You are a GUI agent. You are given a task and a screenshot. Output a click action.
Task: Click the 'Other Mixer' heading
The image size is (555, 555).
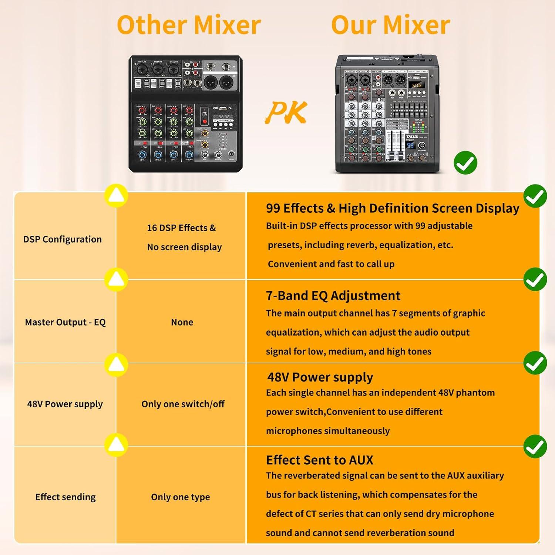pyautogui.click(x=189, y=25)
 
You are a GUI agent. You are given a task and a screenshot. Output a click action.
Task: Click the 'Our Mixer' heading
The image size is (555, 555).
pyautogui.click(x=390, y=25)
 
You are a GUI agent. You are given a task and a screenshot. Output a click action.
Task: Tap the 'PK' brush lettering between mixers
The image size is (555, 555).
pyautogui.click(x=287, y=112)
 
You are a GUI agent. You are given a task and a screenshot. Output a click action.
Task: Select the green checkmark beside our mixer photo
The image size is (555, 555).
pyautogui.click(x=465, y=163)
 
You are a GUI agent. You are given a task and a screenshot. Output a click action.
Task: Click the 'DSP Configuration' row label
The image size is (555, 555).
pyautogui.click(x=63, y=239)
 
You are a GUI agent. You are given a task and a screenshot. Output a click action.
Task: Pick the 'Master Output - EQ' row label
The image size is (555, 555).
pyautogui.click(x=65, y=322)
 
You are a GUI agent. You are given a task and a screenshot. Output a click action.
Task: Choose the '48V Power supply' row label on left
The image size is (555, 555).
pyautogui.click(x=65, y=404)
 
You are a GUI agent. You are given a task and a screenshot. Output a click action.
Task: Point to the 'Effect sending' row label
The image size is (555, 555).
pyautogui.click(x=65, y=497)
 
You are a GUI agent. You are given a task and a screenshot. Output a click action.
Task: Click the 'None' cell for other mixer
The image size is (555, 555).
pyautogui.click(x=182, y=322)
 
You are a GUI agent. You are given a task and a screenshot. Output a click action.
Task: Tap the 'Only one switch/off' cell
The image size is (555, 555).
pyautogui.click(x=183, y=404)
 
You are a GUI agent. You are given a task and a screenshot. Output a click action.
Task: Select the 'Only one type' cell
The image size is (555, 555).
pyautogui.click(x=181, y=497)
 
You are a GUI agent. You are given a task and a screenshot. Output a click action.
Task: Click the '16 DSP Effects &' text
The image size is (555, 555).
pyautogui.click(x=181, y=228)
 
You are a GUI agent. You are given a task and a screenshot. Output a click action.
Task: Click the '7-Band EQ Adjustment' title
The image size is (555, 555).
pyautogui.click(x=333, y=296)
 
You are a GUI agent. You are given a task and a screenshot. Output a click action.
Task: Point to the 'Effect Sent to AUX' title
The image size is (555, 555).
pyautogui.click(x=320, y=460)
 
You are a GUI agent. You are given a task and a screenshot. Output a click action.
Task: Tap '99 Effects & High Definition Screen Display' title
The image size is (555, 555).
pyautogui.click(x=393, y=208)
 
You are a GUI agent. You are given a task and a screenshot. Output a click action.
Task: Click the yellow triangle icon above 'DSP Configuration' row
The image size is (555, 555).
pyautogui.click(x=116, y=195)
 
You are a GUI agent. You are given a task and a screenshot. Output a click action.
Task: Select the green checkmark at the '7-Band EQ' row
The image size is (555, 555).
pyautogui.click(x=535, y=280)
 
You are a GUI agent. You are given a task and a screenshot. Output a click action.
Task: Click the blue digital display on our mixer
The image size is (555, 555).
pyautogui.click(x=410, y=145)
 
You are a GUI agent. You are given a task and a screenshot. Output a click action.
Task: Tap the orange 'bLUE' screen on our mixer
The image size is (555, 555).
pyautogui.click(x=417, y=85)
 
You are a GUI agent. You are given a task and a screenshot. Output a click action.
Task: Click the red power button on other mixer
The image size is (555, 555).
pyautogui.click(x=205, y=121)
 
